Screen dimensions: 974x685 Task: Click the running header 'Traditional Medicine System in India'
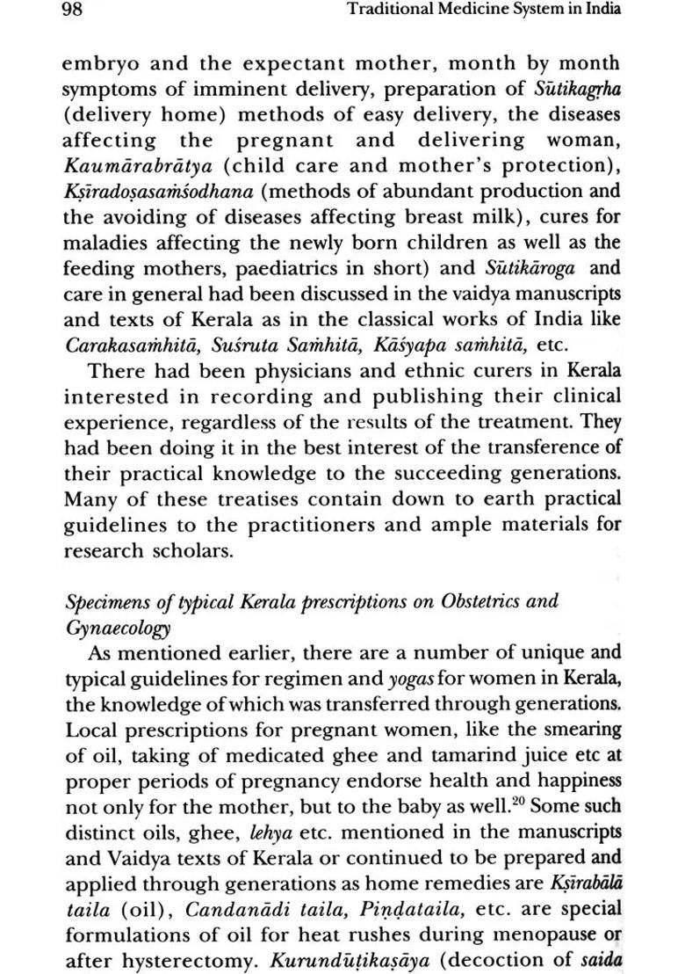(484, 11)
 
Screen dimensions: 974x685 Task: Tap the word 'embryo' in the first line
(99, 64)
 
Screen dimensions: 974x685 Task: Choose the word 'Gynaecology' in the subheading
(118, 629)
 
